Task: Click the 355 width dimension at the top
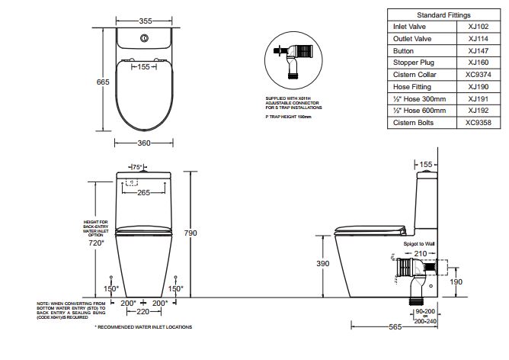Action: (146, 21)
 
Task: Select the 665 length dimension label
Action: (103, 82)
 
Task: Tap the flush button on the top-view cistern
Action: (144, 38)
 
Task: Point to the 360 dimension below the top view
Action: (144, 143)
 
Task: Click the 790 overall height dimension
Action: (190, 233)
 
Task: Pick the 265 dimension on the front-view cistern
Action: (143, 193)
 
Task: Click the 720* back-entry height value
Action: (96, 243)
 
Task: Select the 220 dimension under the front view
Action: (142, 312)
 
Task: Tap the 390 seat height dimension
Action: (323, 263)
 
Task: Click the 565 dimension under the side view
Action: (395, 327)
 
